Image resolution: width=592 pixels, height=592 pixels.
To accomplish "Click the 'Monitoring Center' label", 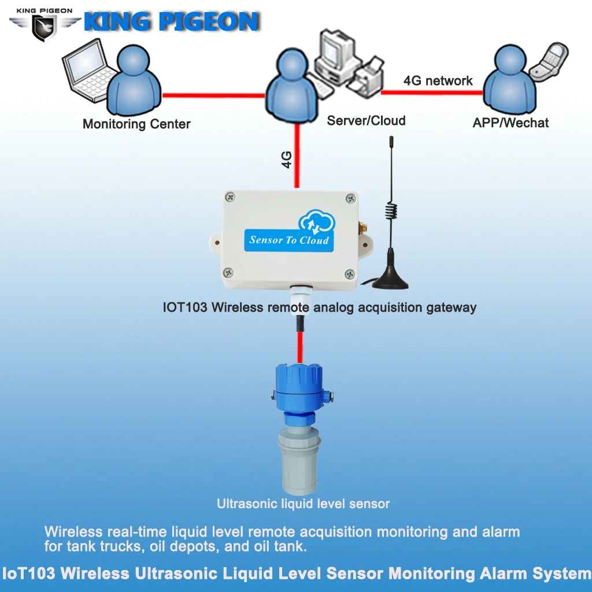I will (136, 124).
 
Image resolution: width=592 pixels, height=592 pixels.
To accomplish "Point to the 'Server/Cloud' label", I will (366, 121).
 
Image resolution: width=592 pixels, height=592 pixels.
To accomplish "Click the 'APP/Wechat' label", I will (510, 123).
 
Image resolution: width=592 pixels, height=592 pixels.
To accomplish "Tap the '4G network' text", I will (438, 81).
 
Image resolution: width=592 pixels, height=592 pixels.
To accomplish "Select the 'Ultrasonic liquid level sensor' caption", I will (303, 504).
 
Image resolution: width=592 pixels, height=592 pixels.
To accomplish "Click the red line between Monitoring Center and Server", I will (214, 96).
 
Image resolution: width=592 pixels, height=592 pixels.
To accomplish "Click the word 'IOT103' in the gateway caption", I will (185, 308).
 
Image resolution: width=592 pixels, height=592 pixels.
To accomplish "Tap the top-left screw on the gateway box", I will (231, 198).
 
